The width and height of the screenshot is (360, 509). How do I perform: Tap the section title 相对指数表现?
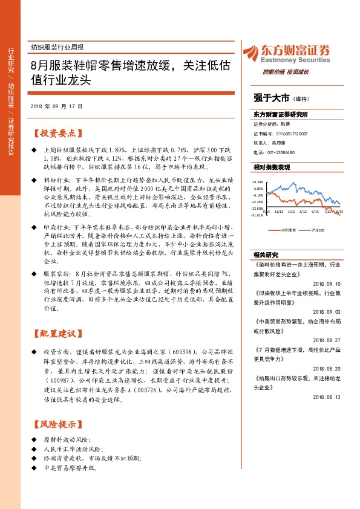(x=272, y=167)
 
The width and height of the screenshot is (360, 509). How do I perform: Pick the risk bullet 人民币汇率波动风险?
(x=71, y=450)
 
